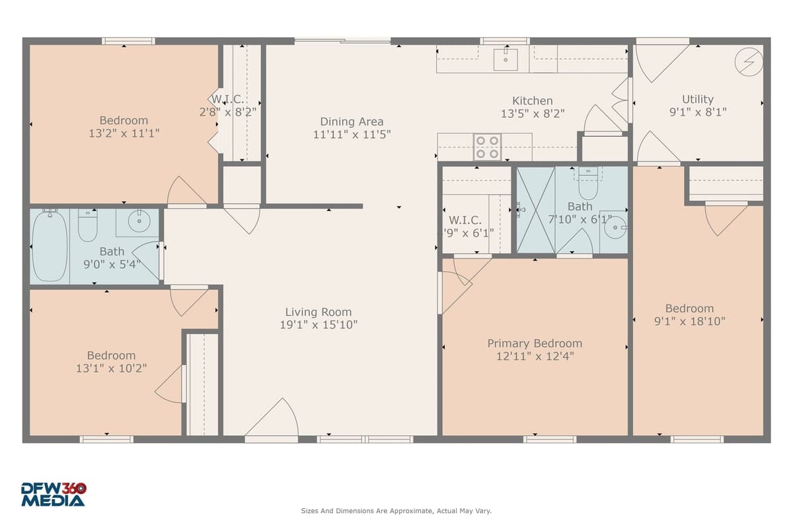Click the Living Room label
point(318,312)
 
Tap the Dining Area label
point(352,122)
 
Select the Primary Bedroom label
point(535,344)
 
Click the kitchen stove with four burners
point(487,147)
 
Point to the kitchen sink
point(506,60)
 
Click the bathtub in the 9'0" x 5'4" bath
point(50,245)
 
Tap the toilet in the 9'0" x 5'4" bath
point(88,225)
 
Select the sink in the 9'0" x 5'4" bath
point(139,222)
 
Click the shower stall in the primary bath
point(535,210)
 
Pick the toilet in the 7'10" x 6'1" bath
point(588,184)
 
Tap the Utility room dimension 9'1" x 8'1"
point(698,112)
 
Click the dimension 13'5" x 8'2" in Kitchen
point(533,114)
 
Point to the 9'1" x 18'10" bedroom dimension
point(689,321)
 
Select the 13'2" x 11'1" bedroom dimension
point(124,133)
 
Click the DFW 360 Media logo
point(54,495)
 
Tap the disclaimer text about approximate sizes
point(396,511)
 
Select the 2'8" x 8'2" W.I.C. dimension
point(228,112)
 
